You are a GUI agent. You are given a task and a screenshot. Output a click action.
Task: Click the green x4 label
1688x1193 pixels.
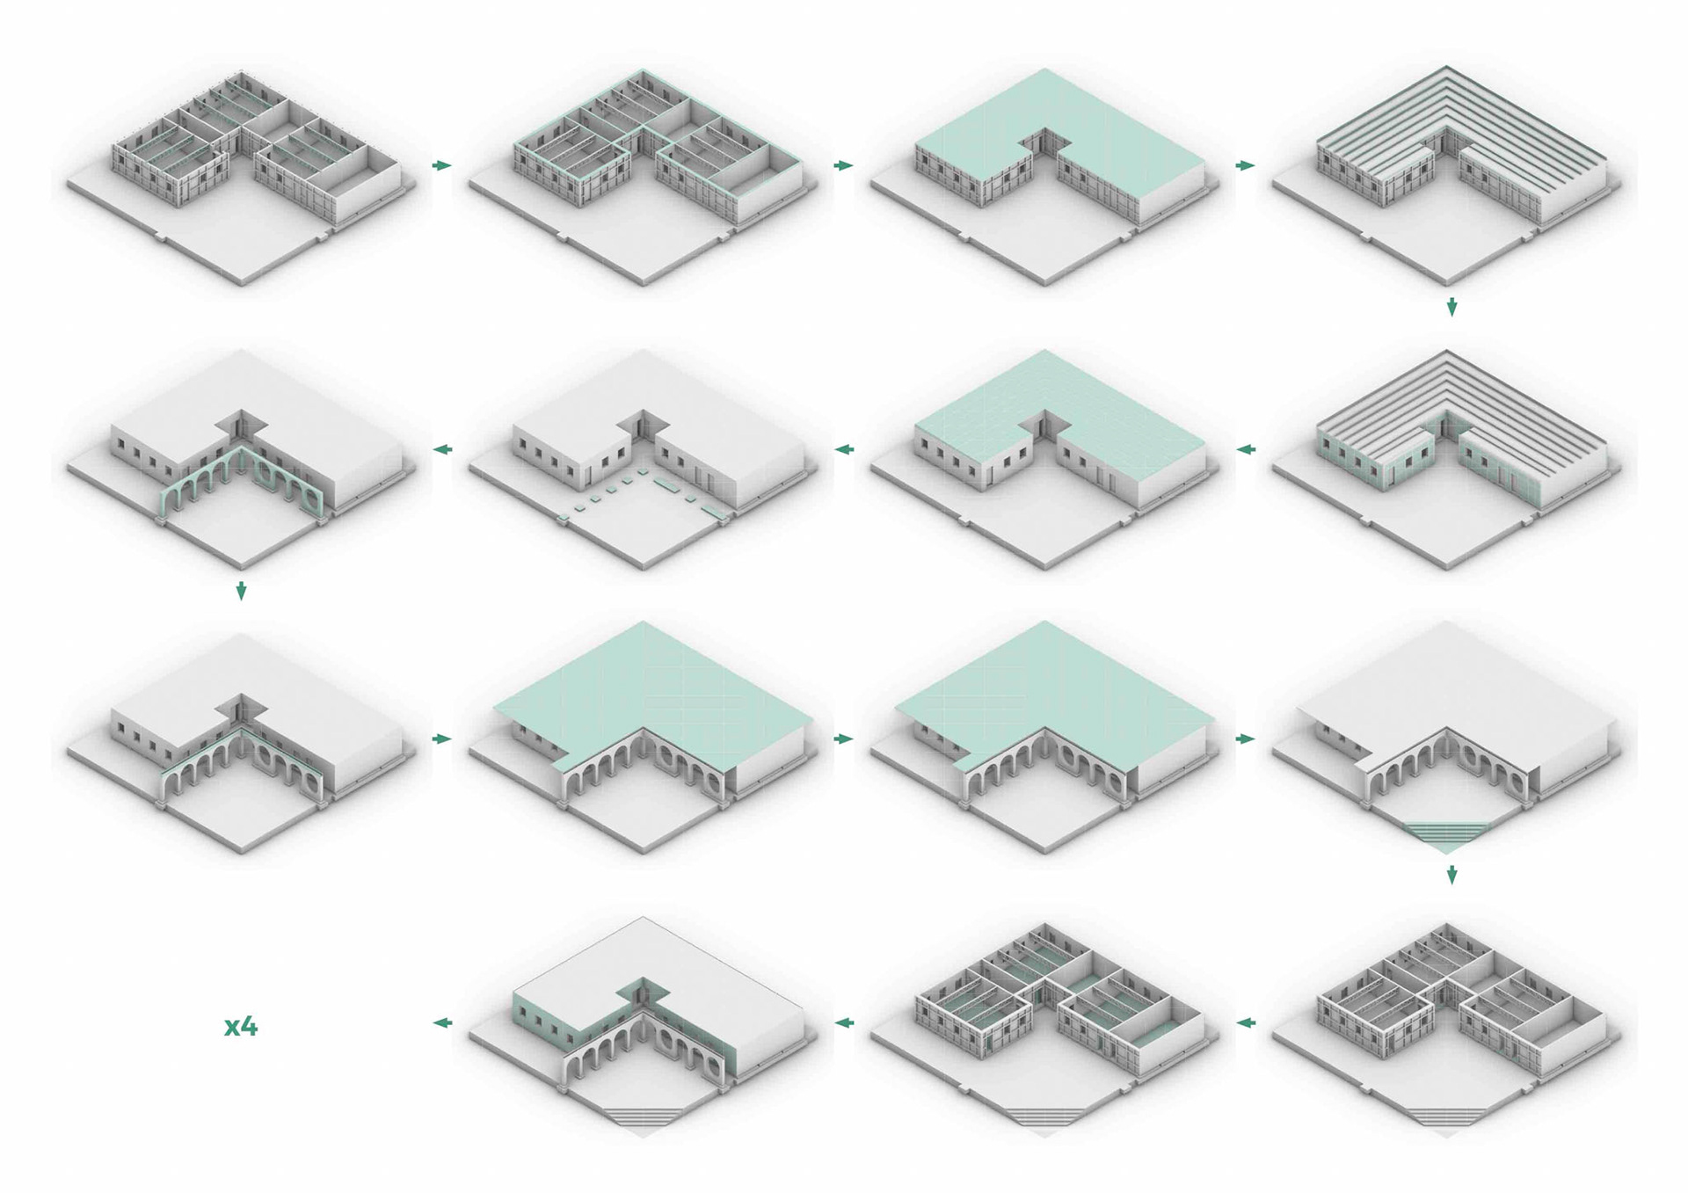[x=240, y=1026]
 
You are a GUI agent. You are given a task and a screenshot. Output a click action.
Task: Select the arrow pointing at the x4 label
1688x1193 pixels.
[x=443, y=1023]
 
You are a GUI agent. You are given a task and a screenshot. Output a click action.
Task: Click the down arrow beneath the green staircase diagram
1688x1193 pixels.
[x=1452, y=875]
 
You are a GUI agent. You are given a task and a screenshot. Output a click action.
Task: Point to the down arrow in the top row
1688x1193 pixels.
[x=1452, y=306]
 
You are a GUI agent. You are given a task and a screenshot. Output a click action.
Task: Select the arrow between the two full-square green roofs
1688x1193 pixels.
[x=844, y=739]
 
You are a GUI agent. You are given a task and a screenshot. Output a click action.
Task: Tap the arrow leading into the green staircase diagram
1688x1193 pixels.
[x=1245, y=739]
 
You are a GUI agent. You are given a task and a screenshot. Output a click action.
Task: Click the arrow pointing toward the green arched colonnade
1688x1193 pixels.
[x=443, y=450]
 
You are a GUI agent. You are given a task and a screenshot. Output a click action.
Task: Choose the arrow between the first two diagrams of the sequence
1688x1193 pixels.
[x=442, y=165]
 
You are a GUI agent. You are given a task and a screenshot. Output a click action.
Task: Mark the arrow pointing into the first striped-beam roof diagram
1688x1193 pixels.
[x=1245, y=165]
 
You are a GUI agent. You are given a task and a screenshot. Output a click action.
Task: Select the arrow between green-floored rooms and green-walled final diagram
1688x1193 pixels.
[x=844, y=1023]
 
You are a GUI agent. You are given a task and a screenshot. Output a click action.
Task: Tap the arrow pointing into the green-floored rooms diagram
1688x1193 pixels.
[x=1245, y=1023]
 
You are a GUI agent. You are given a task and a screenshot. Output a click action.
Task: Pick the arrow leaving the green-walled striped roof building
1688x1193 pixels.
[x=1245, y=450]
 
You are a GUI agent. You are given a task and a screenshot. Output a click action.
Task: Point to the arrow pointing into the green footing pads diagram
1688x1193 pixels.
[x=844, y=450]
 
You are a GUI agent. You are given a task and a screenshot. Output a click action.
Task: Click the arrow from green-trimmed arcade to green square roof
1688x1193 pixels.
[x=442, y=739]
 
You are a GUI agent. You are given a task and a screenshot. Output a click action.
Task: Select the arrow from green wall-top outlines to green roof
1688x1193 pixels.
[x=844, y=165]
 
